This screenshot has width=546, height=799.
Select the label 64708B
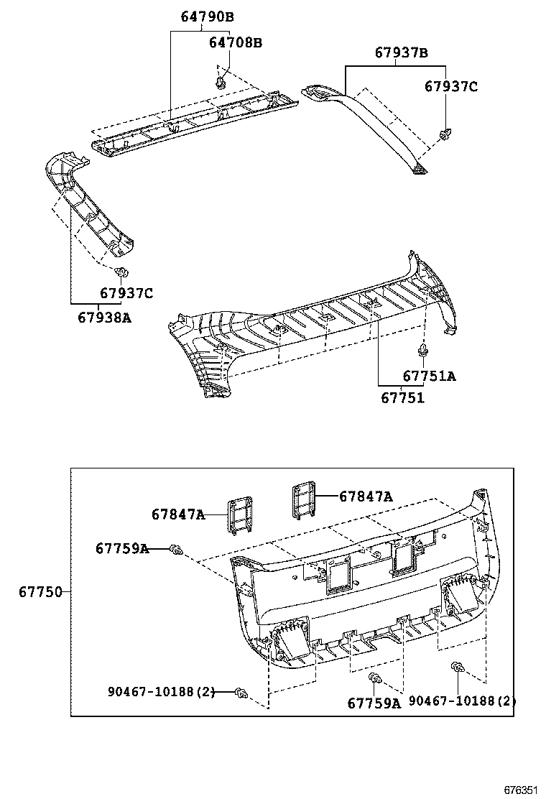click(x=235, y=42)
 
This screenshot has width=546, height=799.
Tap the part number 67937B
click(x=401, y=53)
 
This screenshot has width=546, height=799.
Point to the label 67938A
click(x=105, y=316)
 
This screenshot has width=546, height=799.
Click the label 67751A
click(x=429, y=376)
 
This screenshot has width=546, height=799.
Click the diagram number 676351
click(x=520, y=789)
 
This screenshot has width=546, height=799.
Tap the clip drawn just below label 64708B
click(x=221, y=83)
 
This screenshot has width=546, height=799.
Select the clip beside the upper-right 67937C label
click(x=445, y=134)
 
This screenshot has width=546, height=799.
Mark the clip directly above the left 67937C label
click(x=121, y=272)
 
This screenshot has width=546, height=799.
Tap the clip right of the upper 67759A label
click(x=174, y=550)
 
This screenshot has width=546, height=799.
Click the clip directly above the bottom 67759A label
click(x=374, y=679)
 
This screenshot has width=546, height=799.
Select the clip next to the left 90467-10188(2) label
click(x=243, y=693)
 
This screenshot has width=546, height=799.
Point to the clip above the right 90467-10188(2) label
click(x=457, y=669)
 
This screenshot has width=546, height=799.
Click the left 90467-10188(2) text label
click(x=162, y=692)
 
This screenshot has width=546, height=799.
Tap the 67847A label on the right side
click(x=366, y=496)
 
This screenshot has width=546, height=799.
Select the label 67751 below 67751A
click(x=402, y=398)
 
